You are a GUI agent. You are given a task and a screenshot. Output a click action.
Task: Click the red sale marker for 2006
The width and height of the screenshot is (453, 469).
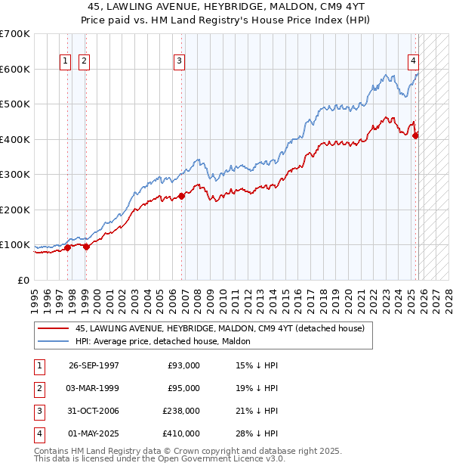(x=182, y=196)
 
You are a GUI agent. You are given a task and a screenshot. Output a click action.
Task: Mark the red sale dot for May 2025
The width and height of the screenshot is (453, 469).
(x=416, y=135)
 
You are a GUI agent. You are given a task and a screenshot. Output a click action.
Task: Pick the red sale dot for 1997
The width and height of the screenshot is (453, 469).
(x=68, y=247)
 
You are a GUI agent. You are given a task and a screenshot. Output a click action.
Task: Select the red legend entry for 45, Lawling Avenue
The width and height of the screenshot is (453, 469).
(x=220, y=328)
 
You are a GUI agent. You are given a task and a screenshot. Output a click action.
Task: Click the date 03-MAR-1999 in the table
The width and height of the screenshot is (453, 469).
(x=94, y=388)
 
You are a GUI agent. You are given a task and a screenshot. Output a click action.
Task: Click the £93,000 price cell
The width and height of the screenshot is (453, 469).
(x=183, y=365)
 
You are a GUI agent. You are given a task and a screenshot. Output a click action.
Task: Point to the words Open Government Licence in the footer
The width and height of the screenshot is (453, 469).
(x=226, y=458)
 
